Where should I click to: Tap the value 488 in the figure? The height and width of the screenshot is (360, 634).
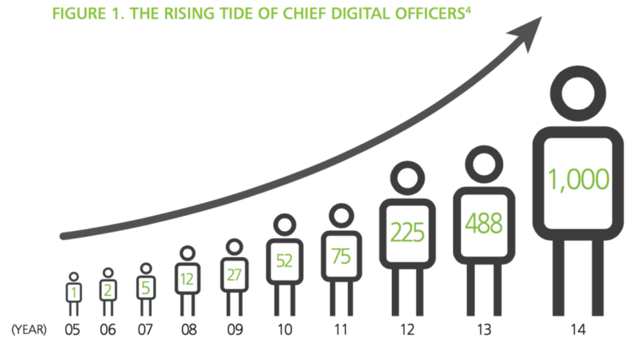point(485,225)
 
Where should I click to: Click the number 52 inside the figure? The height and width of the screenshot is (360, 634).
point(284,261)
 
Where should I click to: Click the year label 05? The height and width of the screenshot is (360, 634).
point(73,330)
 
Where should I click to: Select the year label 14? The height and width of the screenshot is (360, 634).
point(578,330)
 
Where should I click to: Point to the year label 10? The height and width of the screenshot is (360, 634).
point(284,330)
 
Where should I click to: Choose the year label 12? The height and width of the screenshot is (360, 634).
point(407,330)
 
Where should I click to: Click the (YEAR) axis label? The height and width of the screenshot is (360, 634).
point(28,330)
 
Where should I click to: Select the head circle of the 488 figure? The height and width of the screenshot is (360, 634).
point(485,166)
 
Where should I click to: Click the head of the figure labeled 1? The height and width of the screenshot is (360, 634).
point(73,277)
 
